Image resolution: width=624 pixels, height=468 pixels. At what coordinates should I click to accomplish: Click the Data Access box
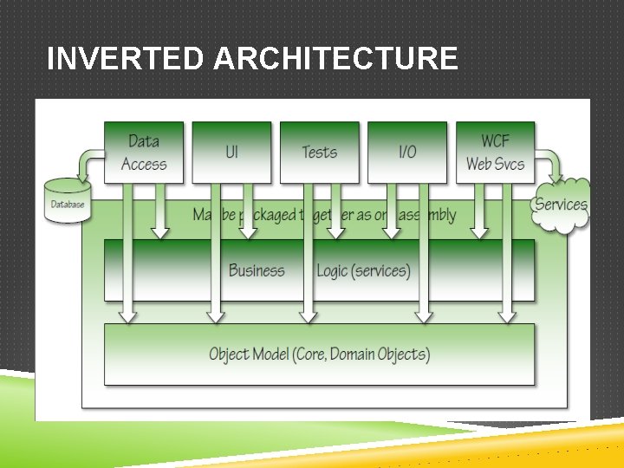pyautogui.click(x=144, y=152)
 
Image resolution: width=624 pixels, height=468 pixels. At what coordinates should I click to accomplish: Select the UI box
pyautogui.click(x=231, y=152)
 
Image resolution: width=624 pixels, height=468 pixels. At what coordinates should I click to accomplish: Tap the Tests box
pyautogui.click(x=319, y=152)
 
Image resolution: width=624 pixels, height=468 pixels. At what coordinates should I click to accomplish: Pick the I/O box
pyautogui.click(x=407, y=152)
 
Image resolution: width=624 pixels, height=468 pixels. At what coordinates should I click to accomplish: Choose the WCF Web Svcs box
pyautogui.click(x=495, y=152)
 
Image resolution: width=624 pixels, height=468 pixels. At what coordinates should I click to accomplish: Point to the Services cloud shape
pyautogui.click(x=561, y=205)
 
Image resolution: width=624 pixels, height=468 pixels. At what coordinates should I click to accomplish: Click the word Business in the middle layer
pyautogui.click(x=257, y=270)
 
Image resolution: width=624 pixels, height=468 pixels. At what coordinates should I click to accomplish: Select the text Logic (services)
pyautogui.click(x=363, y=270)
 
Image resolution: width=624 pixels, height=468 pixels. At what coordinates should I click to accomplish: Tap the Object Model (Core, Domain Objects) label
pyautogui.click(x=319, y=354)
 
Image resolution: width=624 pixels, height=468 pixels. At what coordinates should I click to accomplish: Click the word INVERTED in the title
pyautogui.click(x=126, y=59)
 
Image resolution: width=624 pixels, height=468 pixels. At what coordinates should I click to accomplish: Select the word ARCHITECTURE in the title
pyautogui.click(x=335, y=59)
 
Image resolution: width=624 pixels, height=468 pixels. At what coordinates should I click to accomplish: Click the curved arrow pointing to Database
pyautogui.click(x=88, y=162)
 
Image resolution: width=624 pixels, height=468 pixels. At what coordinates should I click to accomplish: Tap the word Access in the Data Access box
pyautogui.click(x=144, y=164)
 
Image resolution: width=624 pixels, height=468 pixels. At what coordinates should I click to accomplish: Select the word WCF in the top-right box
pyautogui.click(x=495, y=140)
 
